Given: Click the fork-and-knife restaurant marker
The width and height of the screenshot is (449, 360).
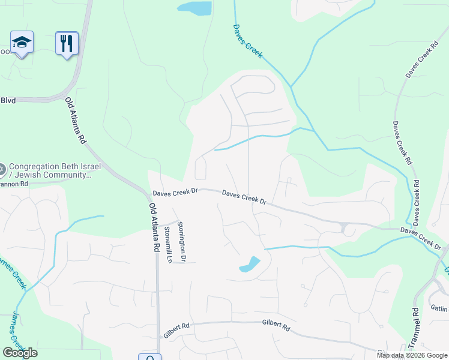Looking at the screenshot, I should tap(67, 43).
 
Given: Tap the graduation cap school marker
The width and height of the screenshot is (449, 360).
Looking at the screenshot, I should tap(22, 42).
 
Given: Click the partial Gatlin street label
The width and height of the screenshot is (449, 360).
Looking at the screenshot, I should tap(439, 308).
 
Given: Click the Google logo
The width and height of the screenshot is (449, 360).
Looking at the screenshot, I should tap(20, 353).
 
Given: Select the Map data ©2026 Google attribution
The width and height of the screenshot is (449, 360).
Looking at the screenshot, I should tap(412, 355).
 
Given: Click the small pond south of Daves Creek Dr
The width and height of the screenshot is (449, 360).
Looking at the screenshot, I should tap(250, 265).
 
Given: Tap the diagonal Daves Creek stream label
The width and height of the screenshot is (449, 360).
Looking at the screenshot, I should tap(248, 41).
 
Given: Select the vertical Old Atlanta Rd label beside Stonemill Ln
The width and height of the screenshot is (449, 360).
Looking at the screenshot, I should tap(154, 227).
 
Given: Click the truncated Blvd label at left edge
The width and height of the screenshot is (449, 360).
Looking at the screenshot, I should tap(8, 101).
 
